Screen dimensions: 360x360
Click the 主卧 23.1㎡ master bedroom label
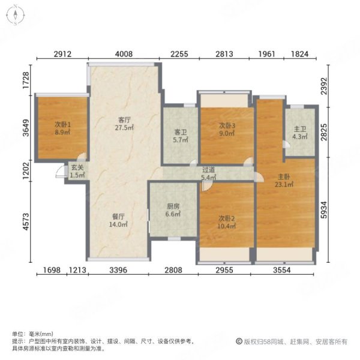[x=284, y=181]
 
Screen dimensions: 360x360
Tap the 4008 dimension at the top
[x=124, y=55]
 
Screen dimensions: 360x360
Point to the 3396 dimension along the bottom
[x=118, y=271]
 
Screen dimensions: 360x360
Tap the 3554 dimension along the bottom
[x=285, y=271]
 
